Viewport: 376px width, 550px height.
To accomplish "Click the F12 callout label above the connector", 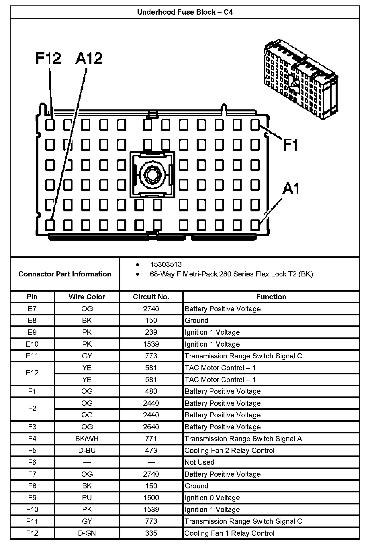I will (48, 58).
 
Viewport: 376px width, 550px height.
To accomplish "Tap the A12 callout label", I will (89, 58).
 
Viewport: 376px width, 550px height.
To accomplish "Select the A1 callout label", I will (291, 189).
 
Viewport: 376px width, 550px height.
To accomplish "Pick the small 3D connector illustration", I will (300, 80).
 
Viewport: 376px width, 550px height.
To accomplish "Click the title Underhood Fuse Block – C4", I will (185, 12).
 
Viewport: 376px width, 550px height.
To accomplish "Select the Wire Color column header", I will (87, 297).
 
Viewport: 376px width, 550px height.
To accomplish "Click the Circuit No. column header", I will (151, 297).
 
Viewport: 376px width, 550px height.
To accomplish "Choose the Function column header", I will (271, 297).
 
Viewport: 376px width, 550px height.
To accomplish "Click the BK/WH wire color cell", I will (87, 439).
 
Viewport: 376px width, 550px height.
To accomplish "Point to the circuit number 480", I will (151, 391).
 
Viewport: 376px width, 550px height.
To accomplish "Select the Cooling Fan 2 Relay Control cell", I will (230, 450).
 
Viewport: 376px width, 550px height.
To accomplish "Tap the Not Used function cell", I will (199, 462).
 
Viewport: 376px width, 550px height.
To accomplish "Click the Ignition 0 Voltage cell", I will (212, 498).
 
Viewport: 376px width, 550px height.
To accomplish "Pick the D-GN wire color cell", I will (87, 533).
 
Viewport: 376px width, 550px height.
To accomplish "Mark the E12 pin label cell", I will (32, 374).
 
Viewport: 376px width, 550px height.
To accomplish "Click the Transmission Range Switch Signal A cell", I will (243, 439).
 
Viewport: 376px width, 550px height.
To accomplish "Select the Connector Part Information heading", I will (65, 274).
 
